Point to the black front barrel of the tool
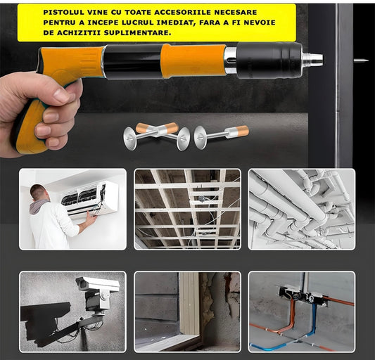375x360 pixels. tap(269, 60)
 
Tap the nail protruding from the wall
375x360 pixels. tap(361, 60)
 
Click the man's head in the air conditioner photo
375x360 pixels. tap(39, 193)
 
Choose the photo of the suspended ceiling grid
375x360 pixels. tap(187, 210)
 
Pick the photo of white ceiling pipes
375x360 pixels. tap(302, 210)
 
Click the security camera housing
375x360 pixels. tap(97, 284)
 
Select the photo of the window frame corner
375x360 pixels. tap(187, 311)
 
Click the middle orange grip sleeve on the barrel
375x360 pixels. tap(193, 61)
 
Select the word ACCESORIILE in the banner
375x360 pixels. tap(182, 12)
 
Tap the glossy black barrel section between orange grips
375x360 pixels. tap(133, 61)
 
